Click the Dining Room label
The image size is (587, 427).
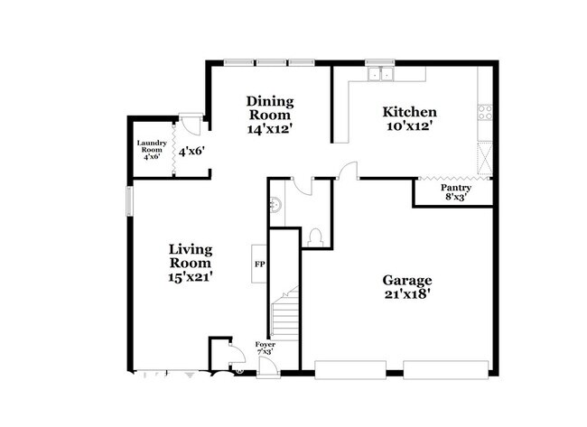269,115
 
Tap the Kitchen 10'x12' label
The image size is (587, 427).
410,119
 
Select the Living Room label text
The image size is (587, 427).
190,263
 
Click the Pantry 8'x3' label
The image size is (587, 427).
455,193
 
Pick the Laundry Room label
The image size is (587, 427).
149,150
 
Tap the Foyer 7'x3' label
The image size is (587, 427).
265,348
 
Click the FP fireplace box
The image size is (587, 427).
258,265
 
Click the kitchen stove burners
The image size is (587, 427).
485,113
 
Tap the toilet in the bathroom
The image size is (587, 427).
316,237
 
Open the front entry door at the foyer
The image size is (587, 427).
267,366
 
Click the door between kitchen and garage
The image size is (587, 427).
348,171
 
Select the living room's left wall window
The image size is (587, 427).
128,200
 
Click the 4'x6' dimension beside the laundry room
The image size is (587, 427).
191,152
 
